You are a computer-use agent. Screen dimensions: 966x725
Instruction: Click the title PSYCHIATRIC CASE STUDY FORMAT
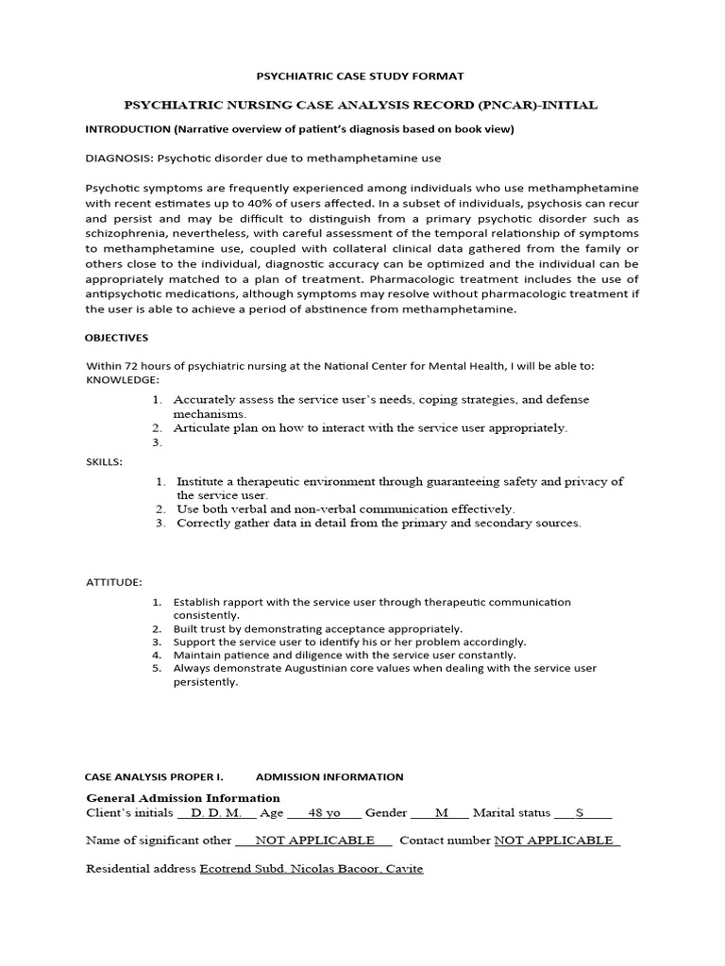tap(362, 75)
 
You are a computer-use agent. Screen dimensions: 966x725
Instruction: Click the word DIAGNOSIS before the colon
tap(118, 158)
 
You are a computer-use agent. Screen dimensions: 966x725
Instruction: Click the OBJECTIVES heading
tap(116, 338)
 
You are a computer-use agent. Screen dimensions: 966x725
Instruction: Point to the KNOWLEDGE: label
tap(122, 379)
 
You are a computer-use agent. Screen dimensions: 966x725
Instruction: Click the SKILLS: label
tap(103, 461)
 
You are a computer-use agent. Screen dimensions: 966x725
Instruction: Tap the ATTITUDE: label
tap(113, 583)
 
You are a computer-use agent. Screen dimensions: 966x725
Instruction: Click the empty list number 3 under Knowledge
tap(157, 442)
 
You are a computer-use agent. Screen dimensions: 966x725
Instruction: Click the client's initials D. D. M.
tap(216, 812)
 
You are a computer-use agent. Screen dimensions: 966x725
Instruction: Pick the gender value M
tap(441, 812)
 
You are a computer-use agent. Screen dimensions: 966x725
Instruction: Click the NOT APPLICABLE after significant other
tap(309, 841)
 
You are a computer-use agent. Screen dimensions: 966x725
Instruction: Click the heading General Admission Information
tap(183, 798)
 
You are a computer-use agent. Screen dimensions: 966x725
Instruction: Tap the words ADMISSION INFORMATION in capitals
tap(329, 777)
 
